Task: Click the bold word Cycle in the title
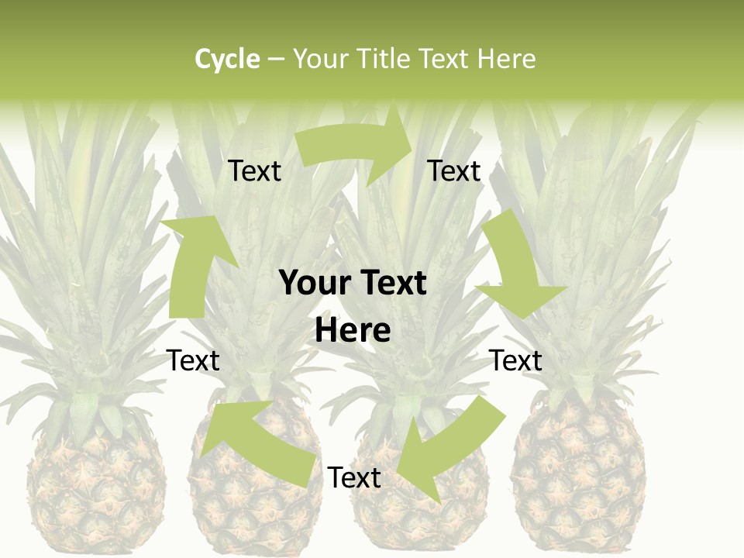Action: point(227,59)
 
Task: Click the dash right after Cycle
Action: point(276,59)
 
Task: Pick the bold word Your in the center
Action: point(313,283)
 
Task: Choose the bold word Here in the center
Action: point(353,331)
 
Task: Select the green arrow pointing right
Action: point(356,146)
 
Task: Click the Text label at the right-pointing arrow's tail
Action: point(254,171)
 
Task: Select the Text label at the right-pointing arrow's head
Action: point(454,171)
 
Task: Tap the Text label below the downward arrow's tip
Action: point(515,360)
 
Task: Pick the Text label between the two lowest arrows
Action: point(354,477)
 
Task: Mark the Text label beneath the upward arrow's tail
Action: point(193,360)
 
